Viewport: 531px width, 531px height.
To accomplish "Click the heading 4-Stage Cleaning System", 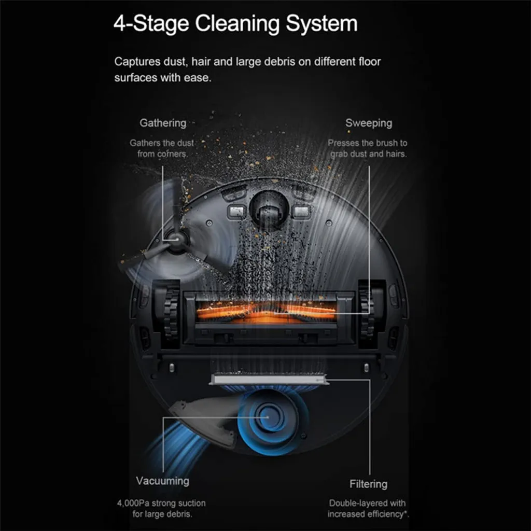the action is [x=235, y=24].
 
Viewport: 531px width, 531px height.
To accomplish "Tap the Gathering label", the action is [x=163, y=123].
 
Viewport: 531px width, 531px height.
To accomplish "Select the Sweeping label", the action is [x=369, y=123].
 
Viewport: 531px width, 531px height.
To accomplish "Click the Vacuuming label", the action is [x=162, y=481].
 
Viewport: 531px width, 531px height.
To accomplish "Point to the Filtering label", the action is [x=369, y=484].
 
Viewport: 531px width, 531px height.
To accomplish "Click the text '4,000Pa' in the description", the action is [x=130, y=503].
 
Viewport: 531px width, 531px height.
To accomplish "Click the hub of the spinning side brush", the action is [x=177, y=240].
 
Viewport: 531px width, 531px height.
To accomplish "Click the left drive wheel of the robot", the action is [x=171, y=314].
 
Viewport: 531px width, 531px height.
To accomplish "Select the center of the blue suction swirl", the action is [x=268, y=417].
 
